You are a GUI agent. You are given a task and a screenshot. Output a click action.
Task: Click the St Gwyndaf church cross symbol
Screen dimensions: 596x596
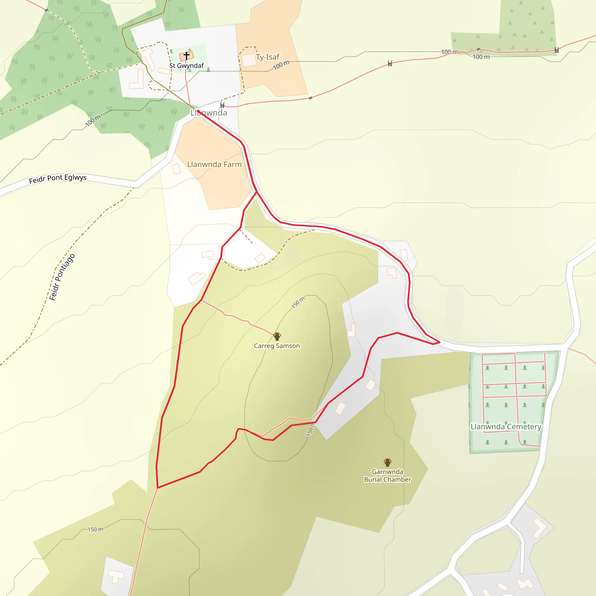(x=186, y=56)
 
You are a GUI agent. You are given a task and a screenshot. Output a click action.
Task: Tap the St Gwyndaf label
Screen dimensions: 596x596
(x=186, y=66)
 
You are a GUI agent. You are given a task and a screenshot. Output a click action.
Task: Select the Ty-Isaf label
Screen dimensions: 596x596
(x=267, y=57)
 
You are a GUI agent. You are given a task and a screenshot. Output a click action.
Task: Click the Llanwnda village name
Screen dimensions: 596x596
(x=209, y=113)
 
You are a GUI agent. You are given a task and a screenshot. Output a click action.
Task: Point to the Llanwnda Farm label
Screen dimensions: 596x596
(x=214, y=164)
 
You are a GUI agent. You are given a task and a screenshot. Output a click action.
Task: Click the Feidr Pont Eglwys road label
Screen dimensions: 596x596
(x=58, y=179)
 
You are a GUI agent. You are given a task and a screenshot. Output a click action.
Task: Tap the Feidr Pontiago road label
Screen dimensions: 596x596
(x=62, y=277)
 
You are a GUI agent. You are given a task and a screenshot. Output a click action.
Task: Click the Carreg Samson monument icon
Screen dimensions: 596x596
(x=277, y=336)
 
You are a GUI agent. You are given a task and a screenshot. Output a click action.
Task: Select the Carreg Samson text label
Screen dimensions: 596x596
(x=277, y=346)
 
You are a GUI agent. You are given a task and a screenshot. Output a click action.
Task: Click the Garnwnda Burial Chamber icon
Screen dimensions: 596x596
(x=387, y=462)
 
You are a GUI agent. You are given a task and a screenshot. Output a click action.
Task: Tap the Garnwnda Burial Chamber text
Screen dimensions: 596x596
(x=387, y=476)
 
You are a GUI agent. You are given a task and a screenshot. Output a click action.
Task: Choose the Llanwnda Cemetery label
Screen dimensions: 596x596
(x=505, y=427)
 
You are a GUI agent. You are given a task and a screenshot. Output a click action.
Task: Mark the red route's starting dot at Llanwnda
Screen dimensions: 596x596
(x=198, y=111)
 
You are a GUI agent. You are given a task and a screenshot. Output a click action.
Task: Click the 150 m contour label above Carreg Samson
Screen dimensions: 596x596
(x=298, y=302)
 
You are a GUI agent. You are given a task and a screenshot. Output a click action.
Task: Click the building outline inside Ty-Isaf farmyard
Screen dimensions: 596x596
(x=249, y=60)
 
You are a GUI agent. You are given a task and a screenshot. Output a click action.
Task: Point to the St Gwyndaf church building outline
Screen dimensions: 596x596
(x=187, y=56)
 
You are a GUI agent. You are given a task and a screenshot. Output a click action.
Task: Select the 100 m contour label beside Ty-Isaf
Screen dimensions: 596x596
(x=281, y=65)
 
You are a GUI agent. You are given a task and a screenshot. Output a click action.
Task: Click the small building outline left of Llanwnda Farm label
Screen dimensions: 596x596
(x=176, y=169)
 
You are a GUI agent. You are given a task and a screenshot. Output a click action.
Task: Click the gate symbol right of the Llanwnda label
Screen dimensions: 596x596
(x=222, y=105)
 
